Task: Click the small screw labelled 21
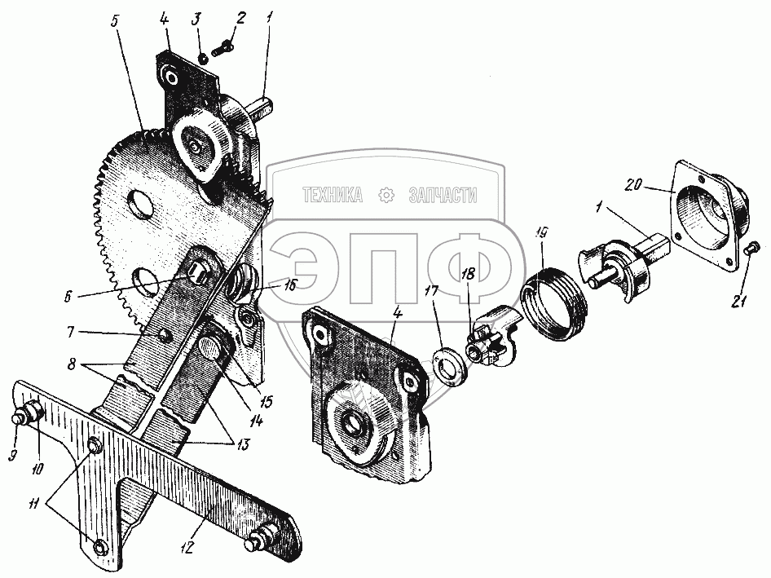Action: [x=752, y=247]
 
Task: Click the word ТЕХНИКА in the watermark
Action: [x=333, y=196]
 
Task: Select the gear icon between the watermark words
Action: [x=386, y=196]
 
